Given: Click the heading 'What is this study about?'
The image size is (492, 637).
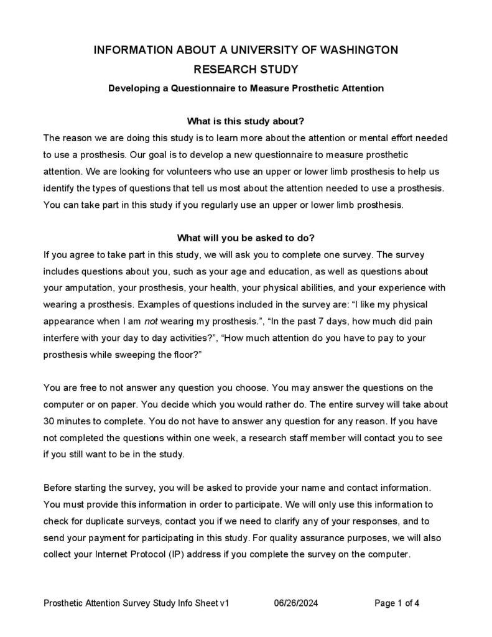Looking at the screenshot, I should tap(246, 121).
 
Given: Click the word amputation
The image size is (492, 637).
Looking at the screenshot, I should tap(88, 288).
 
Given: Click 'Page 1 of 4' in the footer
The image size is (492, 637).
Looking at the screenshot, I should tap(401, 603).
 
